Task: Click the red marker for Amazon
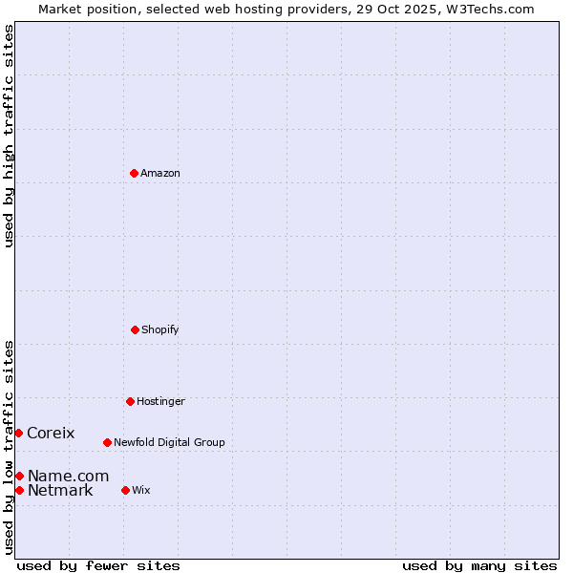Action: tap(134, 173)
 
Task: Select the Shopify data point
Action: tap(135, 329)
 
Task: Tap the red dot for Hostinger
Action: tap(130, 401)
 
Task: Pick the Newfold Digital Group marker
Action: tap(107, 442)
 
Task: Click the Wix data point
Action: tap(125, 490)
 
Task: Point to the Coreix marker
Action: tap(18, 433)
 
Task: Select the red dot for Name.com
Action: tap(19, 476)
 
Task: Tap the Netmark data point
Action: tap(19, 490)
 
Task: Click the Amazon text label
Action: tap(160, 173)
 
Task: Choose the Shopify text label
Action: tap(160, 329)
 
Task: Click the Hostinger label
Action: tap(160, 401)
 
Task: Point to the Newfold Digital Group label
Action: tap(169, 442)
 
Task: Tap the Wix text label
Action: tap(141, 490)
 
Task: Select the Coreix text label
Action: tap(51, 433)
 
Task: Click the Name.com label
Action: tap(68, 476)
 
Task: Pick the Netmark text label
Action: tap(60, 491)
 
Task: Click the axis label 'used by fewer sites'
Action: tap(98, 565)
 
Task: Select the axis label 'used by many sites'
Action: tap(479, 565)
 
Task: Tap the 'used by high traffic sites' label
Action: tap(9, 136)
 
